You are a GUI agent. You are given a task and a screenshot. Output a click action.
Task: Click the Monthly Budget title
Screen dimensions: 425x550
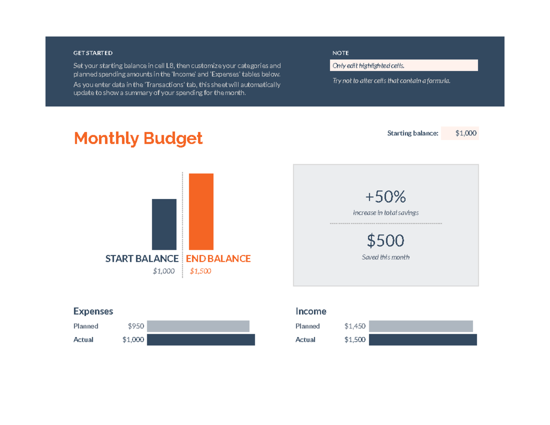(x=138, y=138)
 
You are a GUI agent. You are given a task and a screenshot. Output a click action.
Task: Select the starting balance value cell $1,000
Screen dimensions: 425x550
(x=460, y=133)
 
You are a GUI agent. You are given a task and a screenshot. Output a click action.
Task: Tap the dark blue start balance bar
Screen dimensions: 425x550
(x=164, y=224)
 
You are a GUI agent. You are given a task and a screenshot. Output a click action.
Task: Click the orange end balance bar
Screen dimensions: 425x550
(x=201, y=211)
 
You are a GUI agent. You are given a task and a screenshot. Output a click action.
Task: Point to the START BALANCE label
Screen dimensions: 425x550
(x=142, y=259)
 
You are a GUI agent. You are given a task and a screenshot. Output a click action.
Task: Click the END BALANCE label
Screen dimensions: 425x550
(x=218, y=259)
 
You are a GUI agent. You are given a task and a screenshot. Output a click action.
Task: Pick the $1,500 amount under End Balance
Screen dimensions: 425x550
(x=200, y=271)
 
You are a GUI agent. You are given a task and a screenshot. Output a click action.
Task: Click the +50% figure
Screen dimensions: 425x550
(x=385, y=197)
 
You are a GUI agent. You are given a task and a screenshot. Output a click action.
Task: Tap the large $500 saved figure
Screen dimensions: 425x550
(x=385, y=240)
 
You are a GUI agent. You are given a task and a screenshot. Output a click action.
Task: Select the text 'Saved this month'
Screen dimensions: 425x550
(x=385, y=257)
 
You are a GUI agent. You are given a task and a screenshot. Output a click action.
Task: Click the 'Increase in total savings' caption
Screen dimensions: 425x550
(x=385, y=213)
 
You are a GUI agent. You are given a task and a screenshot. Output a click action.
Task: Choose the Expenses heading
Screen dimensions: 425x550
(x=93, y=311)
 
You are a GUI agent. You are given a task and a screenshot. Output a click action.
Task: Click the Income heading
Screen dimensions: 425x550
(x=311, y=311)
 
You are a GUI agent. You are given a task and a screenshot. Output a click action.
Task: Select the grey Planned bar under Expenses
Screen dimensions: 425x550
(x=198, y=326)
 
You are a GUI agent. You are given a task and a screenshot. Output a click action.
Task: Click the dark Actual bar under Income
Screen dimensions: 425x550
(x=423, y=340)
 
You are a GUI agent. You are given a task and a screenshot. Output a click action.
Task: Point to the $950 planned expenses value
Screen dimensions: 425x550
(x=136, y=326)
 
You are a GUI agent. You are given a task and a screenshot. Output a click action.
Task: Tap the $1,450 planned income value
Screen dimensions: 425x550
(x=355, y=326)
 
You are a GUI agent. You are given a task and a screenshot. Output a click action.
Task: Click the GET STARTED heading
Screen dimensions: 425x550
(x=93, y=53)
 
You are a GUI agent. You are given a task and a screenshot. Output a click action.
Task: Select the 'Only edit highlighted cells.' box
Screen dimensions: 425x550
(x=404, y=66)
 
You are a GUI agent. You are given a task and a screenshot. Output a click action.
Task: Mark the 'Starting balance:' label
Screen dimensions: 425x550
(x=412, y=133)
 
